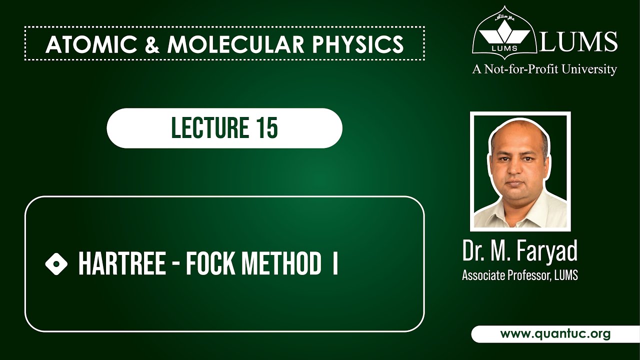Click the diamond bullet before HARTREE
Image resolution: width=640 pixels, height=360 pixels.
(56, 263)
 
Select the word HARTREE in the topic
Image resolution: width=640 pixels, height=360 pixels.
(122, 264)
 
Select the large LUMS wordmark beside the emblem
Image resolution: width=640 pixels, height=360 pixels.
(578, 42)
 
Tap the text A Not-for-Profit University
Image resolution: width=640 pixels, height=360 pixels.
(544, 69)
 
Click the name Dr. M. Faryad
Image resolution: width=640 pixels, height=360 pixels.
(520, 251)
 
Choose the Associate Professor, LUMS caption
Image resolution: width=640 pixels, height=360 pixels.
(520, 275)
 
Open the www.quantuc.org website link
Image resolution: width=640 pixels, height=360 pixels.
(555, 334)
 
